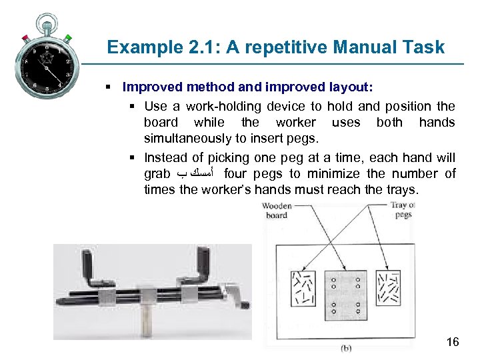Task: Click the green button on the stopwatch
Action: tap(68, 39)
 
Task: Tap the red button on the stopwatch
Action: tap(25, 37)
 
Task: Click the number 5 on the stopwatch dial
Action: tap(59, 86)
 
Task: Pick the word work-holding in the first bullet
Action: tap(224, 106)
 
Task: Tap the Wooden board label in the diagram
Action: tap(276, 211)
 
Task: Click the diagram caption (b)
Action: tap(347, 347)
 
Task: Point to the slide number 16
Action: tap(452, 343)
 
